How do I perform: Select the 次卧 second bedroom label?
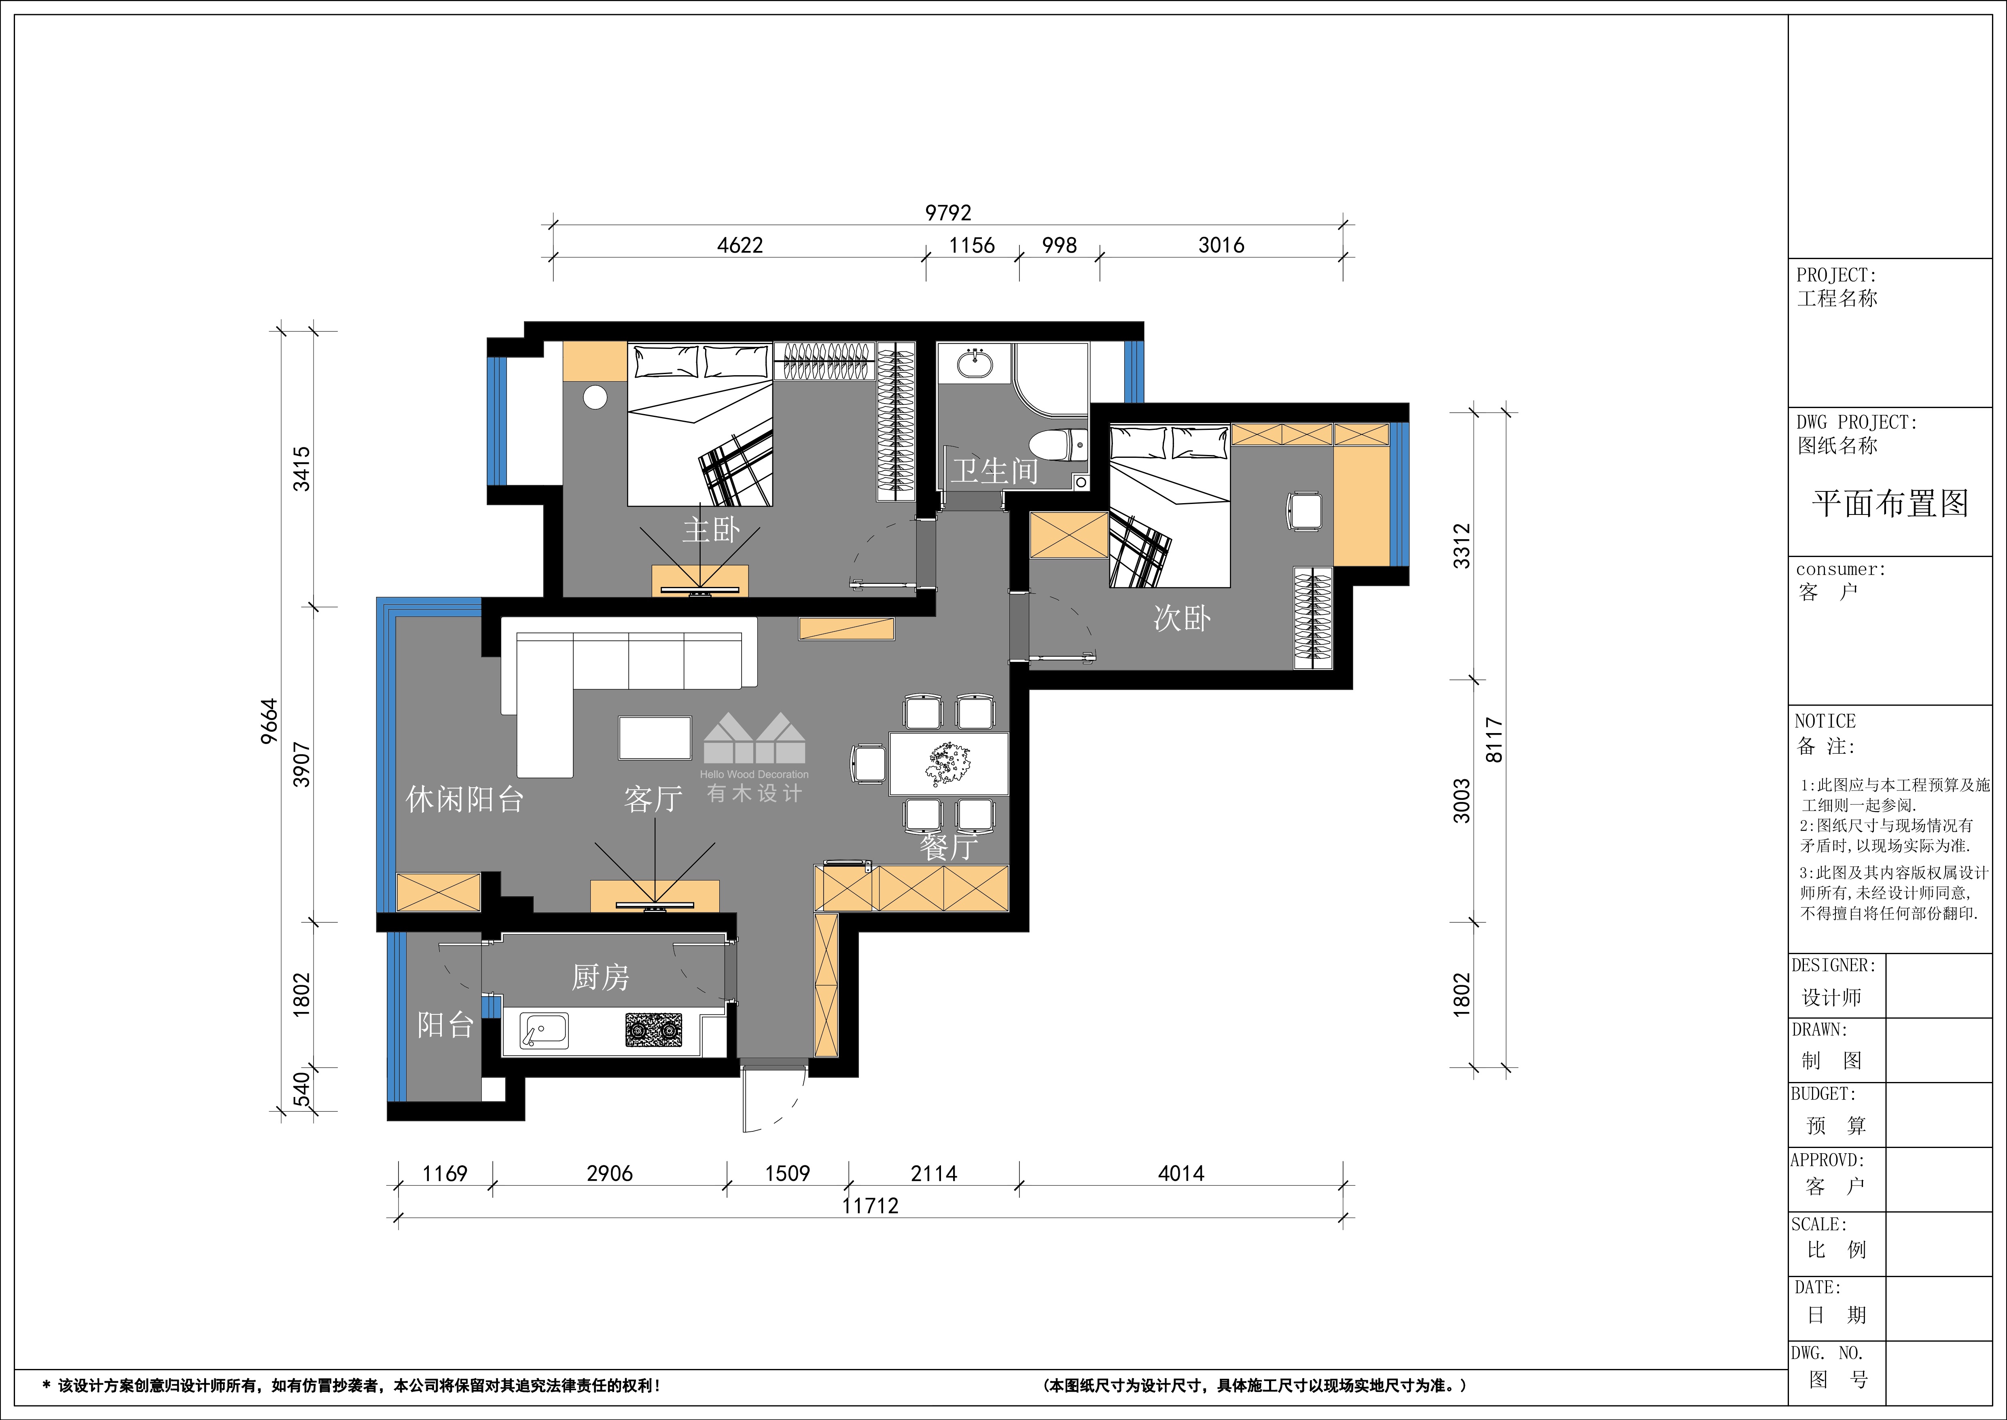click(1182, 618)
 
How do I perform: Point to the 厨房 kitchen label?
click(600, 977)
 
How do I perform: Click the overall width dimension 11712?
click(871, 1206)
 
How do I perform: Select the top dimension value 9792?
click(948, 213)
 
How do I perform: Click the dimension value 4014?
click(1181, 1173)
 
